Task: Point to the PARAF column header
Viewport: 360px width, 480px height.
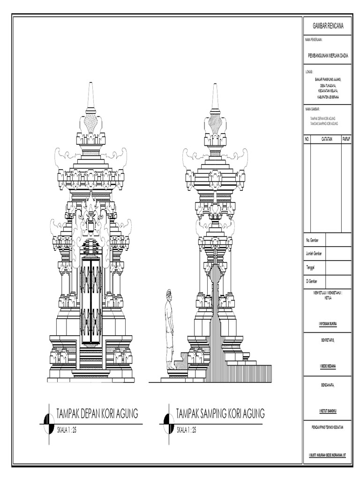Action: tap(347, 140)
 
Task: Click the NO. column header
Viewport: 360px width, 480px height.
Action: tap(307, 140)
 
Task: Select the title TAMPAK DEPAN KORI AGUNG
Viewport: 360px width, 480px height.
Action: tap(97, 413)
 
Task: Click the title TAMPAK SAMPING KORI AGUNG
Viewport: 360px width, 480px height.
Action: tap(220, 413)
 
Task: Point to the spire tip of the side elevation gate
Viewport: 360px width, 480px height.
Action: tap(215, 86)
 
